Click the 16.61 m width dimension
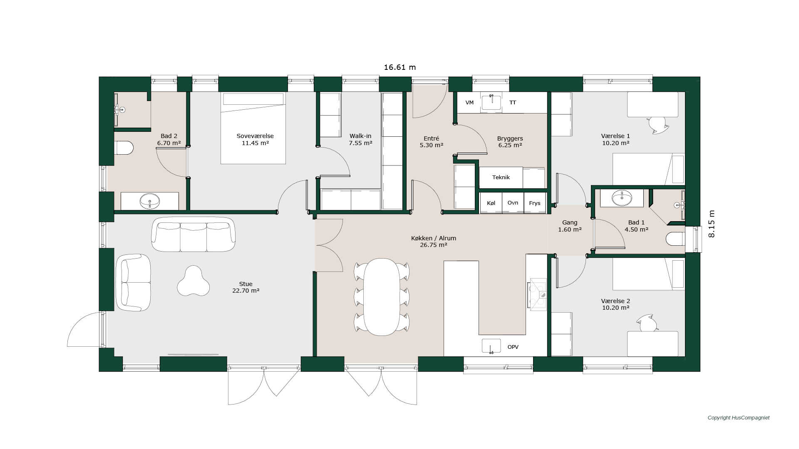(399, 67)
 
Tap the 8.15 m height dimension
(712, 224)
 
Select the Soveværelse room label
(255, 136)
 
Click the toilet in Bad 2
(124, 148)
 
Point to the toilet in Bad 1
(675, 239)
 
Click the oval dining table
(382, 297)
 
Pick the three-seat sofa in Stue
(193, 234)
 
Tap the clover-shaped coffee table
(193, 281)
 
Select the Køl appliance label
(491, 203)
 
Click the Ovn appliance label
(513, 203)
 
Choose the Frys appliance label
(535, 203)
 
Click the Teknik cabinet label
(501, 178)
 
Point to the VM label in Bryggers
(469, 103)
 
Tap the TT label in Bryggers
(513, 103)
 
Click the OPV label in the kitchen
(513, 347)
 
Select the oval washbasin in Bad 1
(622, 198)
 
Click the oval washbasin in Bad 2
(150, 202)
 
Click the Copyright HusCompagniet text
(739, 418)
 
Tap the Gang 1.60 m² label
(570, 226)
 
